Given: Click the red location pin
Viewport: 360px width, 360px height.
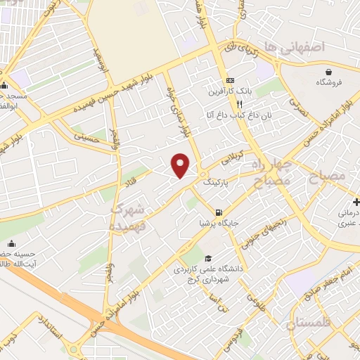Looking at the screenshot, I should (181, 165).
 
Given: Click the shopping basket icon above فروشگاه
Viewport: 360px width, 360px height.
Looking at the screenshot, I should (328, 72).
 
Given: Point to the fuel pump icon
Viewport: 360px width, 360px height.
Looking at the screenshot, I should (219, 212).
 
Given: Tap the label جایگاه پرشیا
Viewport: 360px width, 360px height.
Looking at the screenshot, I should (219, 224).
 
